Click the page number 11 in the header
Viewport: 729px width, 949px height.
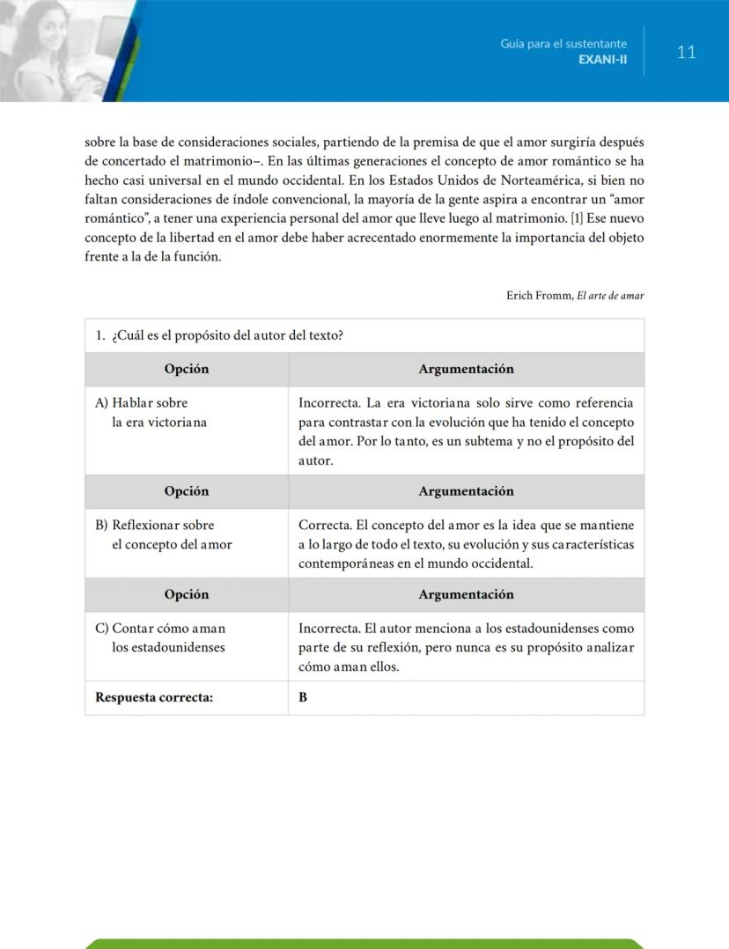(687, 52)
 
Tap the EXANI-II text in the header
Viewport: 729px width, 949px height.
(603, 59)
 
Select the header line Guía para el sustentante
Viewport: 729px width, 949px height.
(563, 43)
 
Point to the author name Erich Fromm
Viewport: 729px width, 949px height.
(539, 296)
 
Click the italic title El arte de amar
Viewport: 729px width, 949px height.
(610, 296)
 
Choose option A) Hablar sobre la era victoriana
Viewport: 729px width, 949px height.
(151, 413)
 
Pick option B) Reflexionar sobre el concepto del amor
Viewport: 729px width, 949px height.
(163, 535)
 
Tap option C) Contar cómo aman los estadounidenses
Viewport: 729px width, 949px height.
(159, 638)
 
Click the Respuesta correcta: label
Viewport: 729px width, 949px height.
(154, 698)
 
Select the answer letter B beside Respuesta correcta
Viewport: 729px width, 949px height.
(303, 698)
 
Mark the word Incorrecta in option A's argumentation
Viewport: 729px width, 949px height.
(328, 403)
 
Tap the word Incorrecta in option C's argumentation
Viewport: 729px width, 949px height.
(328, 629)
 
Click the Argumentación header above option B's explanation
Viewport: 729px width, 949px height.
(466, 491)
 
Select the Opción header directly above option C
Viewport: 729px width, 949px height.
(187, 594)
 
